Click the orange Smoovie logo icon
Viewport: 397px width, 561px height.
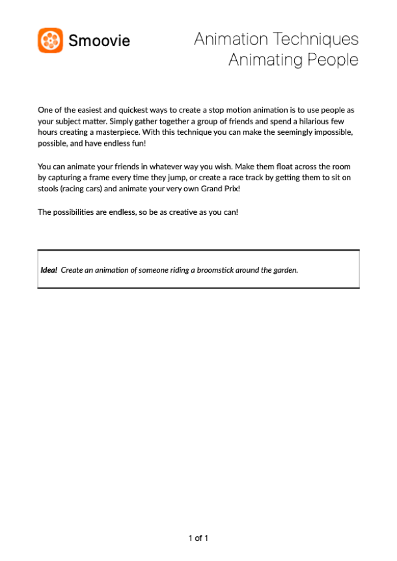click(x=50, y=40)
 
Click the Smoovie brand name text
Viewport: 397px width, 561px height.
click(x=99, y=41)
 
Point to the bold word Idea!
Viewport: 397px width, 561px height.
click(x=49, y=269)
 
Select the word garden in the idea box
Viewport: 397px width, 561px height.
click(x=284, y=269)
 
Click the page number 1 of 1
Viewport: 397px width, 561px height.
click(x=198, y=538)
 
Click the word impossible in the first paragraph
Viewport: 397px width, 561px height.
click(x=333, y=132)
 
